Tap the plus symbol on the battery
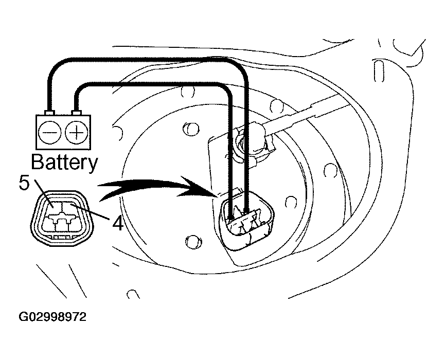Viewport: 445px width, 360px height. tap(76, 133)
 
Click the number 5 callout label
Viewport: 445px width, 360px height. tap(24, 183)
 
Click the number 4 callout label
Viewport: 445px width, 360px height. tap(117, 224)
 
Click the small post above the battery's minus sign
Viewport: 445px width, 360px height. tap(50, 112)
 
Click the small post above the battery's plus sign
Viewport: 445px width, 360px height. tap(76, 112)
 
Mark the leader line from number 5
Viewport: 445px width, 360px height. tap(41, 198)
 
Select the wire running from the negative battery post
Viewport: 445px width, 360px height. tap(154, 60)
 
